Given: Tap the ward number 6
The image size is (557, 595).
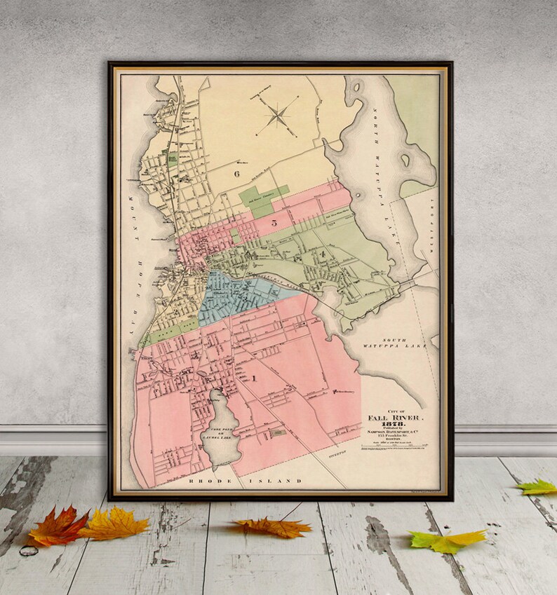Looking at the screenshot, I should tap(237, 173).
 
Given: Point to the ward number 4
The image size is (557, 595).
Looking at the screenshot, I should tap(322, 253).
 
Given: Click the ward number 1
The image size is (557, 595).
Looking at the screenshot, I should tap(253, 378).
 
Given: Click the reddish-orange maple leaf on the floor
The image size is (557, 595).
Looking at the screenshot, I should tap(58, 527).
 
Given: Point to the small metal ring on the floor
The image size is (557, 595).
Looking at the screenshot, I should tap(29, 550).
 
